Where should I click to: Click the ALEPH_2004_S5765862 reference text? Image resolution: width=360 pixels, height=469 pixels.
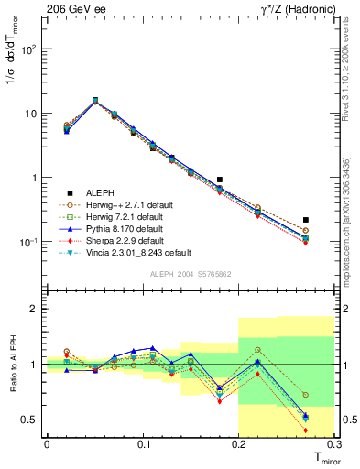point(189,274)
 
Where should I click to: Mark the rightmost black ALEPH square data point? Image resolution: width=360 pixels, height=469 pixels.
point(305,220)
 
